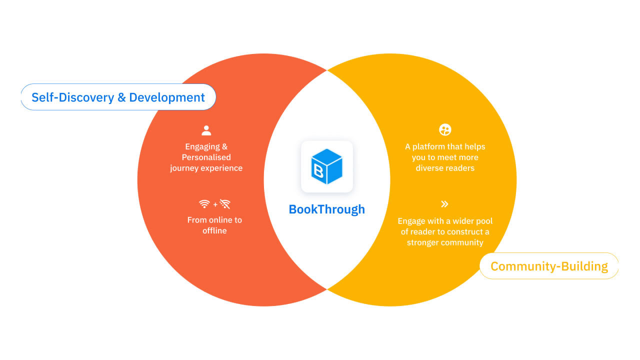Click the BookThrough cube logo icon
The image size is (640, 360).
[x=327, y=166]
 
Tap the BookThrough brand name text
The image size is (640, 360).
[x=327, y=209]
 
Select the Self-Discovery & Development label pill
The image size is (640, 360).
[x=118, y=97]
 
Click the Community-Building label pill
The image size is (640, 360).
[x=549, y=266]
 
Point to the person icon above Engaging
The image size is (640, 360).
[x=206, y=130]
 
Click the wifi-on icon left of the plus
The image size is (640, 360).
[x=204, y=204]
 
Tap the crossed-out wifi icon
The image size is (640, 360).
[x=225, y=204]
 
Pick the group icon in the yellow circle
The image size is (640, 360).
[x=445, y=130]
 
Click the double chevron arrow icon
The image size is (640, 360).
[x=444, y=204]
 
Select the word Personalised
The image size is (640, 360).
[x=206, y=157]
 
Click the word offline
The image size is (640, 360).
[x=214, y=230]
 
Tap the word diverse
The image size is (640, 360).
[x=429, y=168]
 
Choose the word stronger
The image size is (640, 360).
[x=425, y=242]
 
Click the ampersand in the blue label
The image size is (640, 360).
[x=121, y=97]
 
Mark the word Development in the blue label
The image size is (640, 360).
[x=167, y=97]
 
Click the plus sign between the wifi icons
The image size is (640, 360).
[x=215, y=204]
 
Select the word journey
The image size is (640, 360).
[x=185, y=168]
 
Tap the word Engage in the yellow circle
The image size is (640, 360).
[x=411, y=221]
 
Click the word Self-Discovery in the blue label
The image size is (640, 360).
[x=72, y=97]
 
